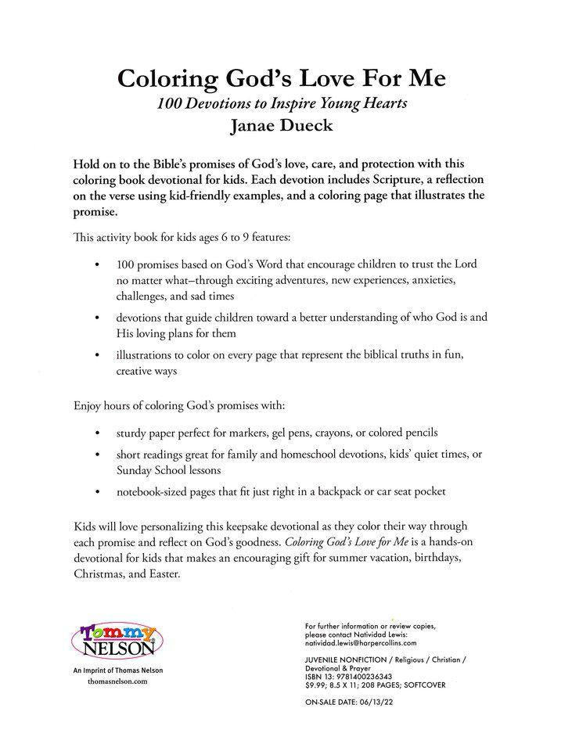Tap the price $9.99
[x=315, y=685]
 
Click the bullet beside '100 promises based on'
[x=96, y=264]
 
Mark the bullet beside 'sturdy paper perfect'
[x=96, y=433]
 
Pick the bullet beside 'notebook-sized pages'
[x=96, y=491]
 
